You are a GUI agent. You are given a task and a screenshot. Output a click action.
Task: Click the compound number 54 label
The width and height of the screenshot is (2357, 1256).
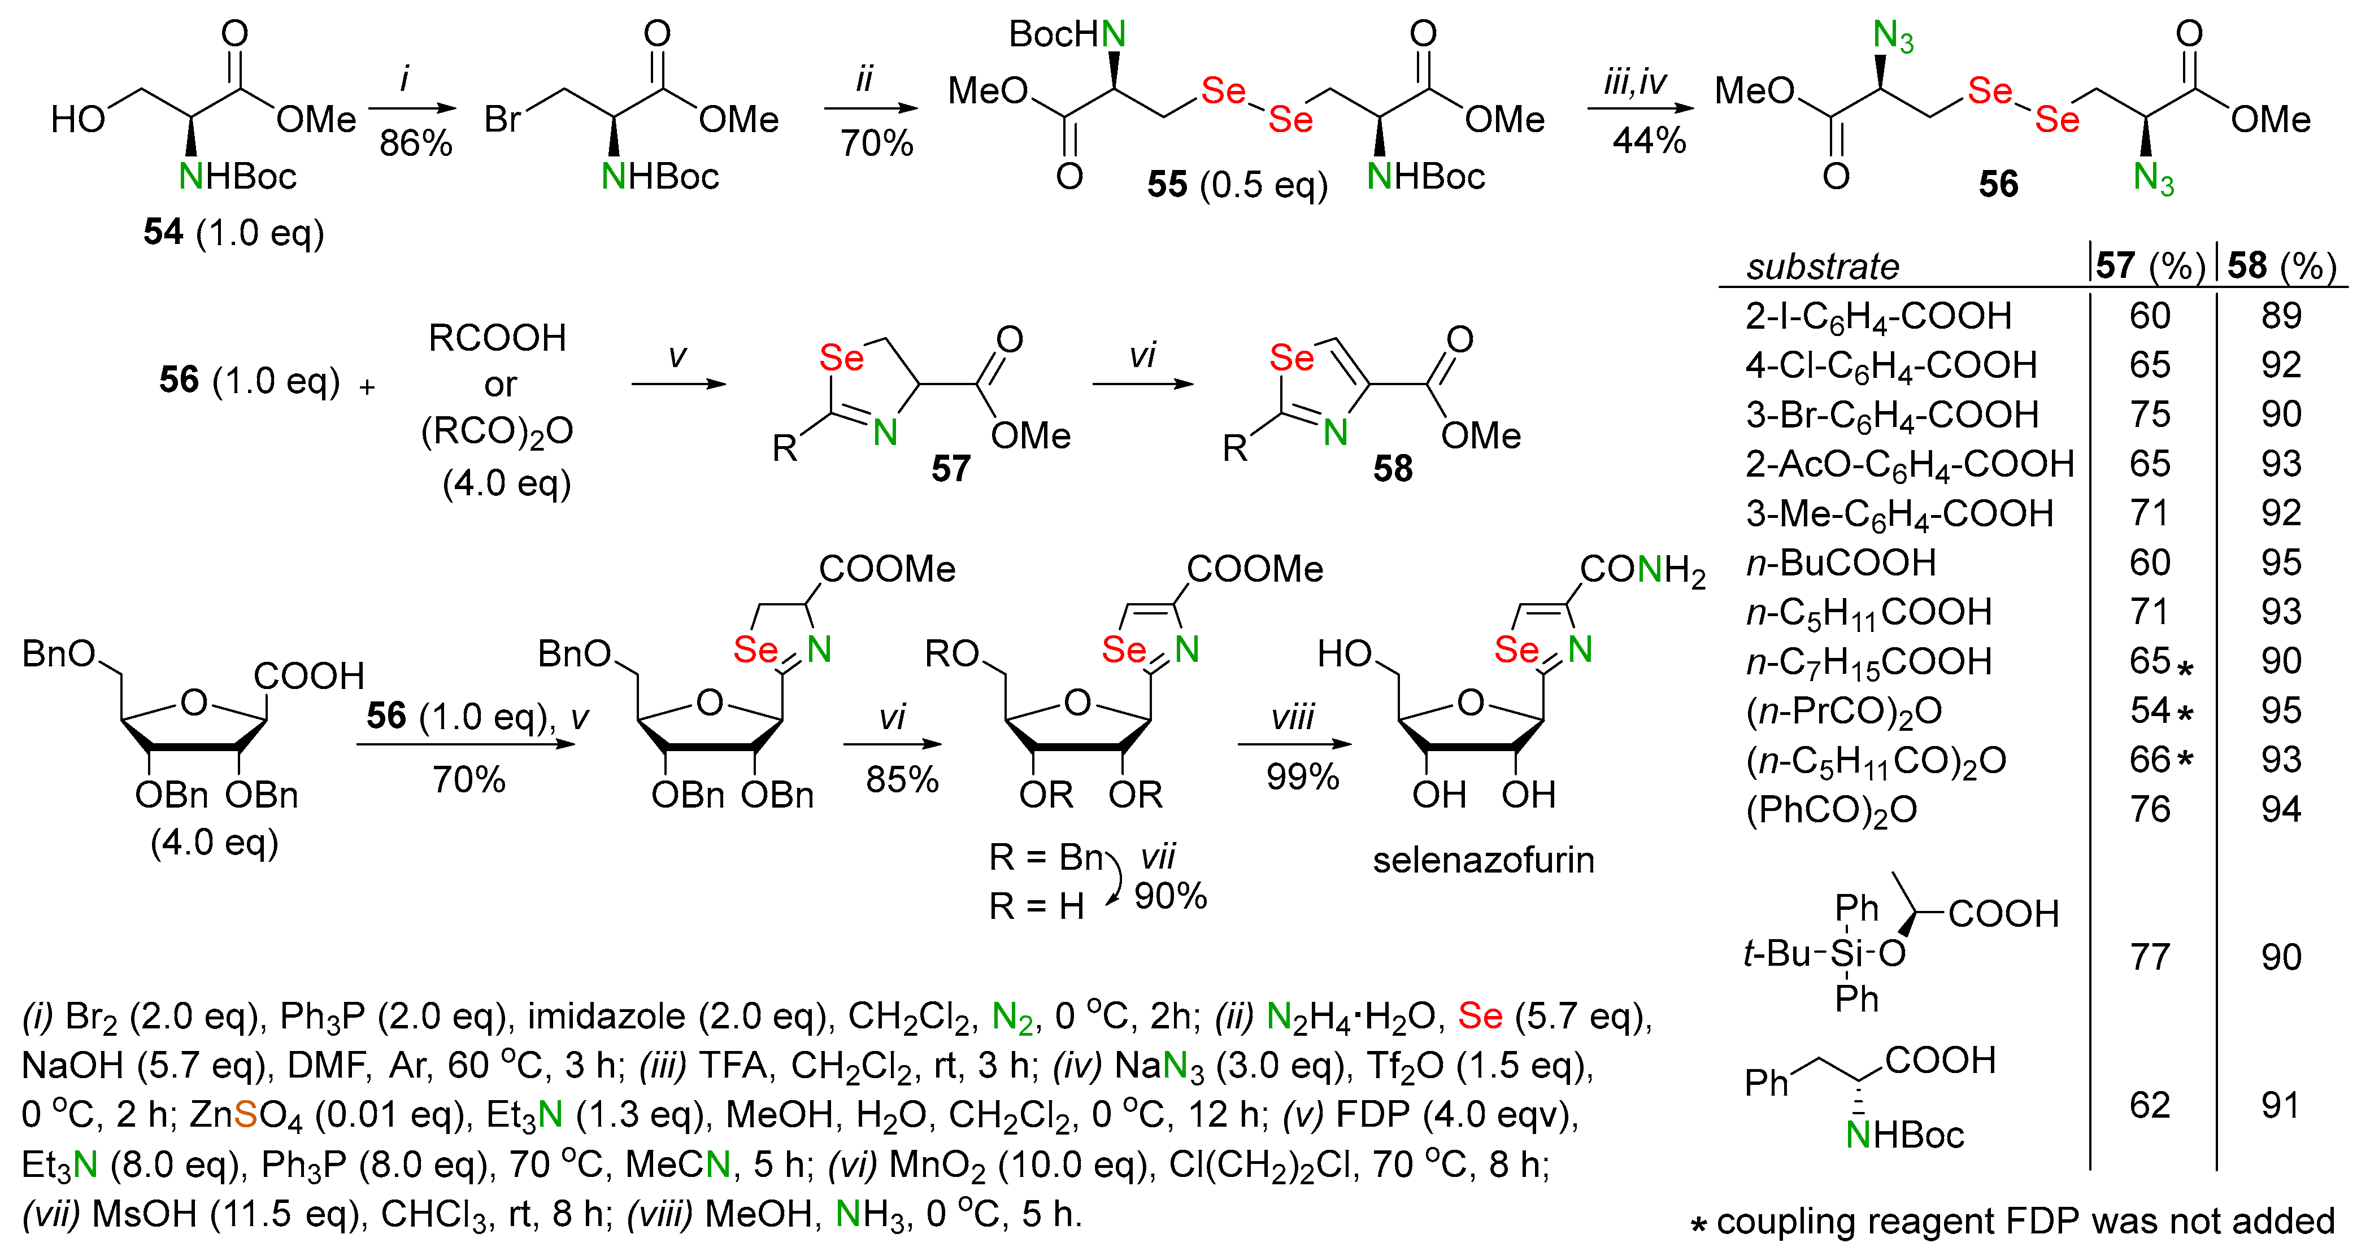coord(163,232)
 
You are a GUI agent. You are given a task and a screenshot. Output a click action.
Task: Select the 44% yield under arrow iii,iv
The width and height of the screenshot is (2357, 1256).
coord(1649,141)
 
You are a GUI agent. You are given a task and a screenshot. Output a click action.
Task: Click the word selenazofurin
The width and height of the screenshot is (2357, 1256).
coord(1483,860)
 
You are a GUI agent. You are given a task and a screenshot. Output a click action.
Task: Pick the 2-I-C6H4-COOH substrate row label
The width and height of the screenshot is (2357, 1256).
coord(1877,316)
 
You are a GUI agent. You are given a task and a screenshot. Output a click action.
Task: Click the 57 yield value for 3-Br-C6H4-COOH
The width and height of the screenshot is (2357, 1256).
coord(2149,415)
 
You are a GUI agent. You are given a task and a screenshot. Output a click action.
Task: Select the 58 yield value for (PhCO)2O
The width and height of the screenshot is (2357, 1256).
coord(2280,810)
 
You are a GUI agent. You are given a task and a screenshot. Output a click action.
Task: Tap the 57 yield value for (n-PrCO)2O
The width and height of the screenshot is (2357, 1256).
coord(2149,711)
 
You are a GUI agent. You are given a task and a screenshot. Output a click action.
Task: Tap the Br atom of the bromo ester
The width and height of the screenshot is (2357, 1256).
coord(502,120)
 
